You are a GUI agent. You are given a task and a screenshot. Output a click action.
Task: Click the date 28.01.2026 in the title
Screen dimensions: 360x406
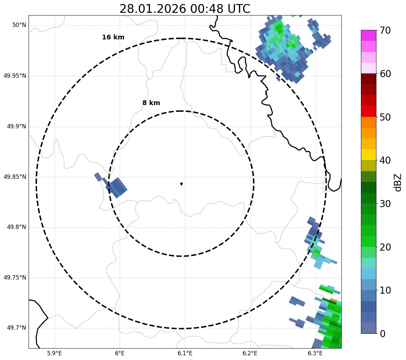[x=152, y=9]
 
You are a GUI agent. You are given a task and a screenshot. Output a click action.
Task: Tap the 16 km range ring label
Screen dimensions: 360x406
[x=113, y=37]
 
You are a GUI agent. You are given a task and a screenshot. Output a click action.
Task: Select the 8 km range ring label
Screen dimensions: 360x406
[x=151, y=103]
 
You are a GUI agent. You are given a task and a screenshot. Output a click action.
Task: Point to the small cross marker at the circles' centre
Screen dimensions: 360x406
[x=182, y=184]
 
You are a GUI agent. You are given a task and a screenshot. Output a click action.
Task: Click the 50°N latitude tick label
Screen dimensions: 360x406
[x=19, y=25]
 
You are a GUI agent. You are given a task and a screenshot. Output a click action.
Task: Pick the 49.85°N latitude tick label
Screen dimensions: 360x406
[x=15, y=177]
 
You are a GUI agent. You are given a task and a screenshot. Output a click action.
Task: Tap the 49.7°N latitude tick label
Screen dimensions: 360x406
[x=16, y=328]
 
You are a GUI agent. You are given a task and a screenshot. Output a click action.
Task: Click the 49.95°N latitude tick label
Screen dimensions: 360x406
[x=15, y=76]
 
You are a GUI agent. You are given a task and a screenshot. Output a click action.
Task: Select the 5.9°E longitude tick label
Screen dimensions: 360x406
[x=54, y=353]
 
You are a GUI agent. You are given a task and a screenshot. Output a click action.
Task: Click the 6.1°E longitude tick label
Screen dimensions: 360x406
[x=185, y=353]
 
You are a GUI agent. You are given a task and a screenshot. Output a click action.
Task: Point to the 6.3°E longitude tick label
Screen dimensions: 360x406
[x=315, y=353]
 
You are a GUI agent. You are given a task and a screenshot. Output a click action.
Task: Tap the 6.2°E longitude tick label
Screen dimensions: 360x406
[x=250, y=353]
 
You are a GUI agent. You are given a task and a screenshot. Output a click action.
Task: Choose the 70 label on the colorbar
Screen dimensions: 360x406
[x=385, y=31]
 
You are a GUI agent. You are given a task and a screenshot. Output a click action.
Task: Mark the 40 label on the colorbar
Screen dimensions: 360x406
[x=385, y=161]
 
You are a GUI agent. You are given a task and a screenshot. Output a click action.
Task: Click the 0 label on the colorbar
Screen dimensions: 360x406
[x=382, y=334]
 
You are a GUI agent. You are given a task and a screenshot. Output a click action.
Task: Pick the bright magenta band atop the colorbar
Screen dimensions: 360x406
[x=368, y=35]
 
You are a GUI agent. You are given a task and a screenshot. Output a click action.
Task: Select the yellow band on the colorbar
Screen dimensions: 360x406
[x=368, y=155]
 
